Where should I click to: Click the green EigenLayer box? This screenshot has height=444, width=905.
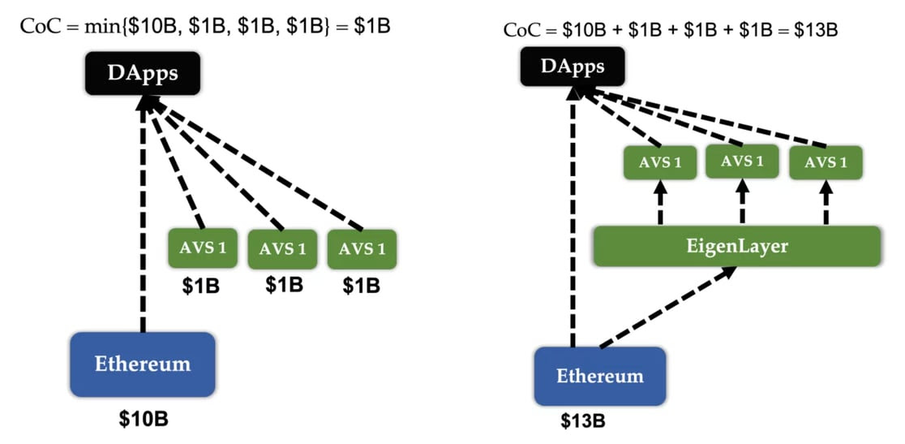click(x=737, y=247)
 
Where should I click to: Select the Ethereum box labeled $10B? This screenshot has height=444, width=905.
click(x=143, y=364)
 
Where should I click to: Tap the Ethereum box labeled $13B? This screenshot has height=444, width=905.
click(x=599, y=376)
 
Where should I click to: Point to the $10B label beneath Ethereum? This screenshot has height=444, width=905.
click(x=144, y=420)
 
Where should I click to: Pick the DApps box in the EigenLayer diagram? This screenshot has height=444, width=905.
click(x=573, y=67)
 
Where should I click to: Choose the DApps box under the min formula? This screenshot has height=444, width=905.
click(x=143, y=73)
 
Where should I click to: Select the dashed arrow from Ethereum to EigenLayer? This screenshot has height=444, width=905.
click(x=668, y=307)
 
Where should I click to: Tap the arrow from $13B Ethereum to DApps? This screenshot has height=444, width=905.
click(x=573, y=217)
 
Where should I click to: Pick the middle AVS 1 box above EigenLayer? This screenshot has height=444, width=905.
click(x=742, y=161)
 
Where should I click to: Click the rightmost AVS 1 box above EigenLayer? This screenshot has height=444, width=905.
click(x=826, y=162)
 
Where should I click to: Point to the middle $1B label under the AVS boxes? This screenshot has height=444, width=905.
click(x=284, y=284)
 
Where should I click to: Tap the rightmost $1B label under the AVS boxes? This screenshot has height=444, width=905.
click(x=362, y=285)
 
